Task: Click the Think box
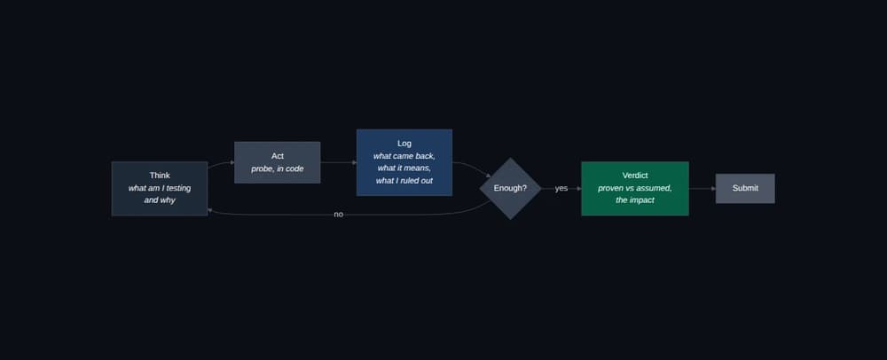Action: tap(160, 188)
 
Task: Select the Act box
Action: tap(277, 162)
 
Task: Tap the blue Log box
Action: tap(404, 162)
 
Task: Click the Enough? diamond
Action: tap(510, 188)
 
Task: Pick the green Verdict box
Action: tap(635, 188)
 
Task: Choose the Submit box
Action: tap(745, 188)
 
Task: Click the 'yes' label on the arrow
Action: tap(561, 188)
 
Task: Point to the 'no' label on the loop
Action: tap(338, 215)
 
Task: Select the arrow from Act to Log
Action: tap(338, 162)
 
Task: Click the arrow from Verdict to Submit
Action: tap(702, 188)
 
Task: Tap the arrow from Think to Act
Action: tap(221, 163)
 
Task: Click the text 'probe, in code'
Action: tap(277, 168)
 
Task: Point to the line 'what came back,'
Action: tap(404, 156)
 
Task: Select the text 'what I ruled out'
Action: tap(404, 181)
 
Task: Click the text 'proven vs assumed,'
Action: tap(635, 188)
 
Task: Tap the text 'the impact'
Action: tap(635, 200)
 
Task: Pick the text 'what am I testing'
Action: tap(160, 188)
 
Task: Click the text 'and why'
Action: tap(160, 200)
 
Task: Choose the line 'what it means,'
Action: tap(404, 168)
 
